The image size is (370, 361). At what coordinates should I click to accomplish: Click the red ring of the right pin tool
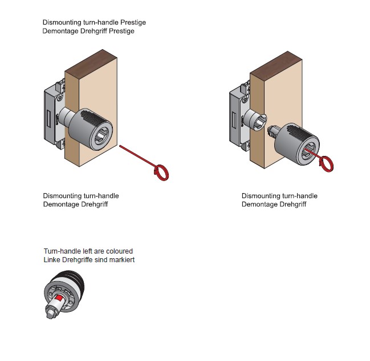tap(328, 164)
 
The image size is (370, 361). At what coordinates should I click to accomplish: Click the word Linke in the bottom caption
tap(52, 260)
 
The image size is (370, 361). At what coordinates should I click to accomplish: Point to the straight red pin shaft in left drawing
tap(137, 157)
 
